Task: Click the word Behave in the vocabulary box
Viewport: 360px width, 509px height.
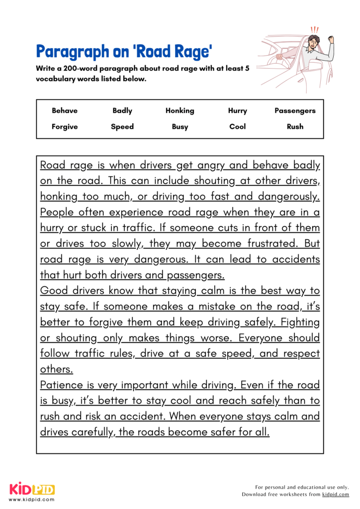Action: click(x=65, y=111)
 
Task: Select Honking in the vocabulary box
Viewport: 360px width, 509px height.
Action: click(x=180, y=111)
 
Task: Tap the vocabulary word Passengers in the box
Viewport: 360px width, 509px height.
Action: click(x=295, y=111)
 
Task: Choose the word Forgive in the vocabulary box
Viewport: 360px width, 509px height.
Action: click(x=65, y=127)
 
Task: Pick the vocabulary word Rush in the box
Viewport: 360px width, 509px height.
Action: click(x=295, y=127)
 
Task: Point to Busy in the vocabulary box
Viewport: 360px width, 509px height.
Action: click(x=180, y=127)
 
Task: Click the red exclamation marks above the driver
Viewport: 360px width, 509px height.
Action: click(x=314, y=29)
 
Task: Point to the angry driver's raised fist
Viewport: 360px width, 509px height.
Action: click(x=343, y=39)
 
